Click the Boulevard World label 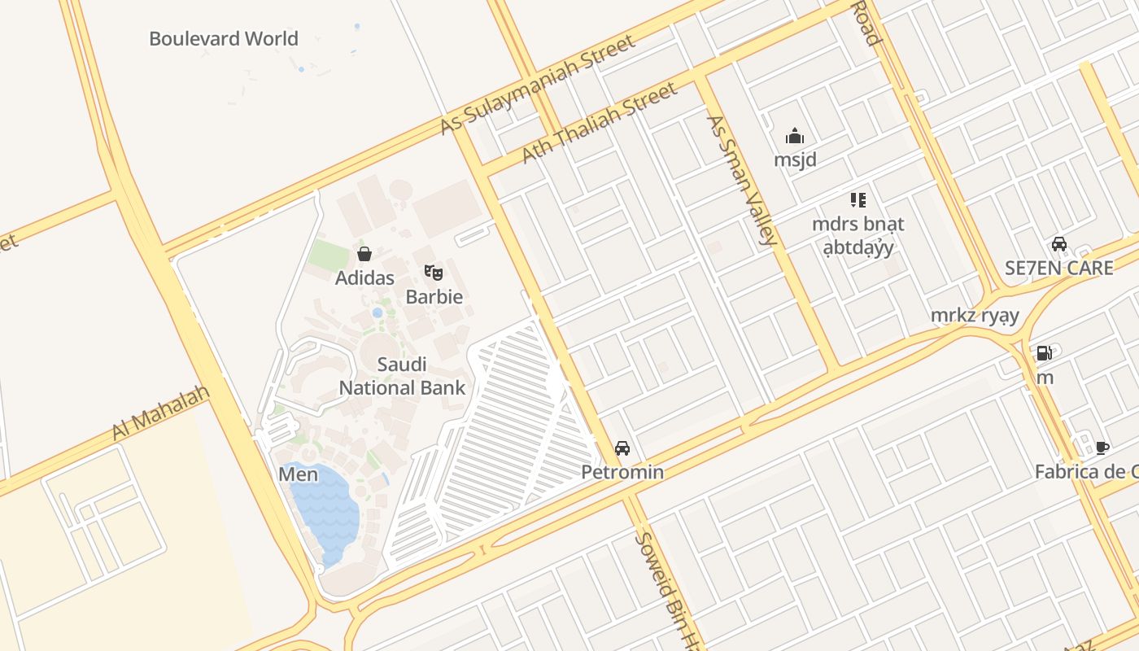[224, 38]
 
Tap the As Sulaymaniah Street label [537, 85]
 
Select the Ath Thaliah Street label [599, 122]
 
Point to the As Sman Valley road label [741, 180]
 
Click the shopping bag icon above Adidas [364, 254]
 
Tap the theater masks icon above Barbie [434, 273]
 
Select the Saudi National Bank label [402, 376]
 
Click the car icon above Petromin [622, 448]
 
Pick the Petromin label [622, 472]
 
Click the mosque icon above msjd [795, 136]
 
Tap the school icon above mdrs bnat [858, 199]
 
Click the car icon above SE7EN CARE [1059, 243]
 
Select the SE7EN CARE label [1058, 268]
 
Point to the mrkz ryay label [975, 316]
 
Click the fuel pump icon [1044, 353]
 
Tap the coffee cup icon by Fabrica [1102, 447]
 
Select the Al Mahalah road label [160, 413]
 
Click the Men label [299, 474]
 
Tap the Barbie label [434, 296]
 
